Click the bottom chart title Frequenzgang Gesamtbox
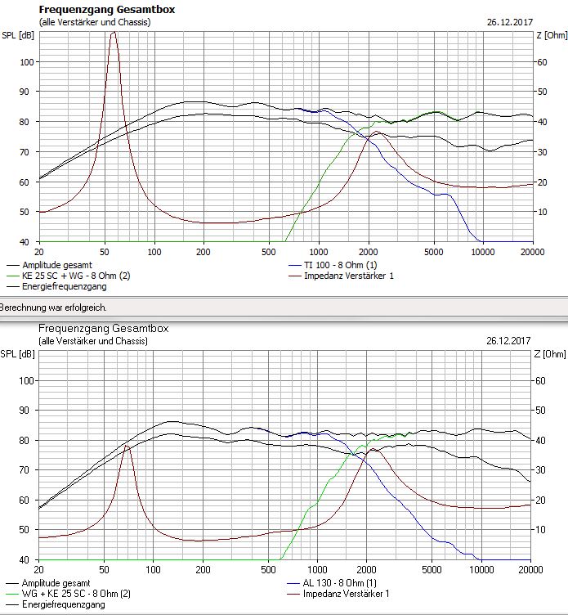tap(103, 328)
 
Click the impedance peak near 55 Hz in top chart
tap(113, 33)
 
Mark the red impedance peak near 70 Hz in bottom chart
tap(127, 447)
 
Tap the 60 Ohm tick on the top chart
tap(542, 62)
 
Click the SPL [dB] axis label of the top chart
tap(18, 35)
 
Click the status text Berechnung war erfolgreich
tap(53, 307)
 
